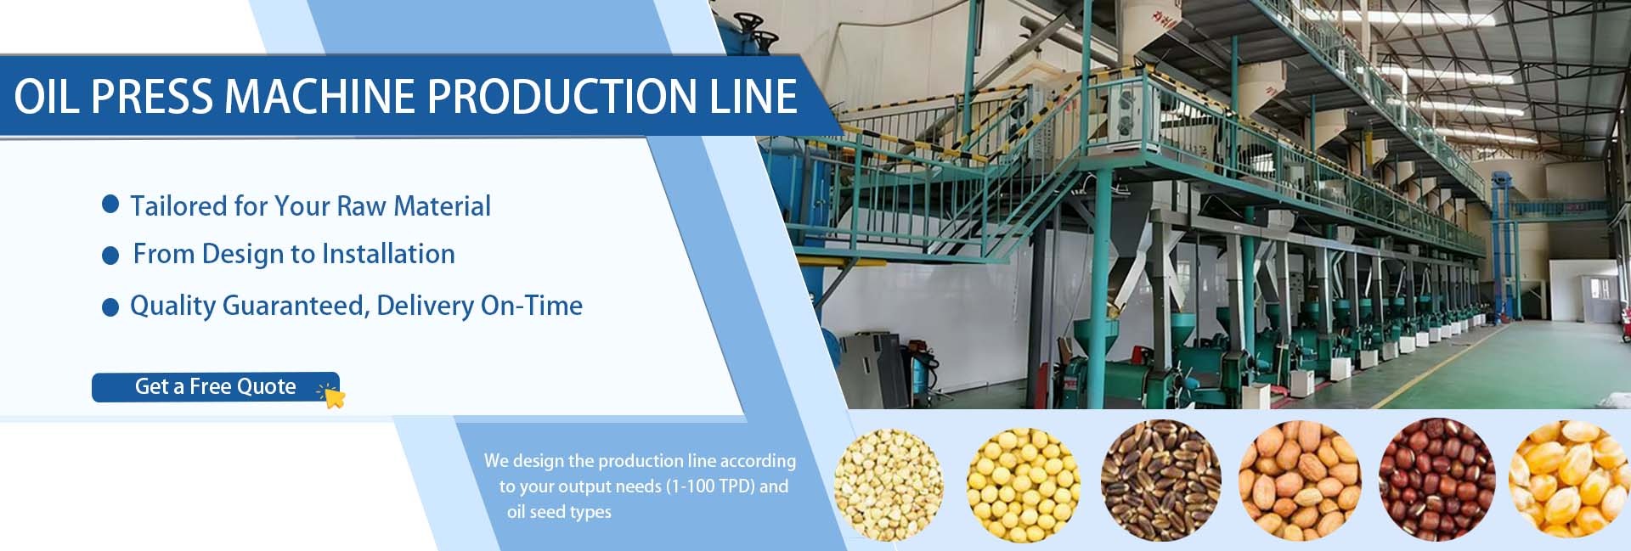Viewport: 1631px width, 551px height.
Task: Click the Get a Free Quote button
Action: [x=216, y=387]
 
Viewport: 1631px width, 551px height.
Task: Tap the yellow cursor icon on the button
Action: [x=332, y=395]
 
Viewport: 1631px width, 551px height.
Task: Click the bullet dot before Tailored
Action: [x=110, y=204]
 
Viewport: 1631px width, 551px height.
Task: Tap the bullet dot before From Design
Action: [x=110, y=256]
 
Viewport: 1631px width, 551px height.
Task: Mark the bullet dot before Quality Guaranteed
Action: [x=110, y=307]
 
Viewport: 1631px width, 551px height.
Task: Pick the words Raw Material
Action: [x=414, y=205]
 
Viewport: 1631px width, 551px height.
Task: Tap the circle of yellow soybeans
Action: [x=1024, y=484]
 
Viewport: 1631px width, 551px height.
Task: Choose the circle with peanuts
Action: [x=1300, y=481]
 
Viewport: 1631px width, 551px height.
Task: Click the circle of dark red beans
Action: [x=1436, y=480]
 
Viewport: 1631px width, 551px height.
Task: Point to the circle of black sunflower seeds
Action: [x=1160, y=481]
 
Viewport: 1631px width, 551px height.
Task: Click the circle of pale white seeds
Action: [x=889, y=484]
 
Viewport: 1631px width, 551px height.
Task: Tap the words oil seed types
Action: [x=559, y=512]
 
